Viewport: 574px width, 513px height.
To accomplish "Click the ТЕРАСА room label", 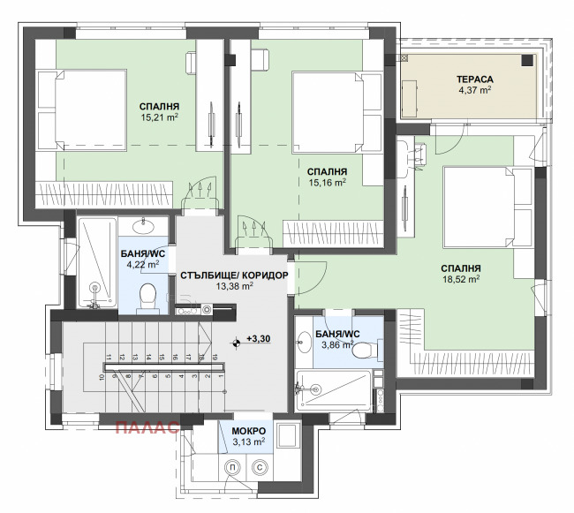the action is [475, 79].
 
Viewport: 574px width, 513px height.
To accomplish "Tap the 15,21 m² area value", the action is [159, 117].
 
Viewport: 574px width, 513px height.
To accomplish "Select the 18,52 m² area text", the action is [461, 279].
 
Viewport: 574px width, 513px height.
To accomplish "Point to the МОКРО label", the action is [249, 431].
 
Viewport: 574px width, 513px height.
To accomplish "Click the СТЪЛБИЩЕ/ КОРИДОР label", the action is [234, 275].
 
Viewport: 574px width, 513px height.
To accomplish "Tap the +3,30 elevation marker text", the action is [259, 339].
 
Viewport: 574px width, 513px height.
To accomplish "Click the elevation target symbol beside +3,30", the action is [236, 343].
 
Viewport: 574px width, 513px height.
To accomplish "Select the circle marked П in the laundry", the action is [231, 467].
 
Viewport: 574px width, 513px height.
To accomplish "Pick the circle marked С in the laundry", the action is [260, 467].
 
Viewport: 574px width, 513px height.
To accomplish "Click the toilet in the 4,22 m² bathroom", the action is [148, 297].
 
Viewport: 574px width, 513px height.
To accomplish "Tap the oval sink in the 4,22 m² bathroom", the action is [143, 227].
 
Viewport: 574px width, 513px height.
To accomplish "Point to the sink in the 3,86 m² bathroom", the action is [304, 342].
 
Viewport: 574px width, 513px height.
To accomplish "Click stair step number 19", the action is [215, 358].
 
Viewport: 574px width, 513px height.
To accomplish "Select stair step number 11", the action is [109, 358].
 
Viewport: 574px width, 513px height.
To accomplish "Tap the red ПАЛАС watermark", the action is [147, 427].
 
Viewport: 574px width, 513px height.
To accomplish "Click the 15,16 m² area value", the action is [328, 183].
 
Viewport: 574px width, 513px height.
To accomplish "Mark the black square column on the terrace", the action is [527, 60].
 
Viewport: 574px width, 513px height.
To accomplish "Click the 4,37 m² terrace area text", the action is [475, 90].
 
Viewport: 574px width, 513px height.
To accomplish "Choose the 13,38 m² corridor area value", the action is [234, 286].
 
